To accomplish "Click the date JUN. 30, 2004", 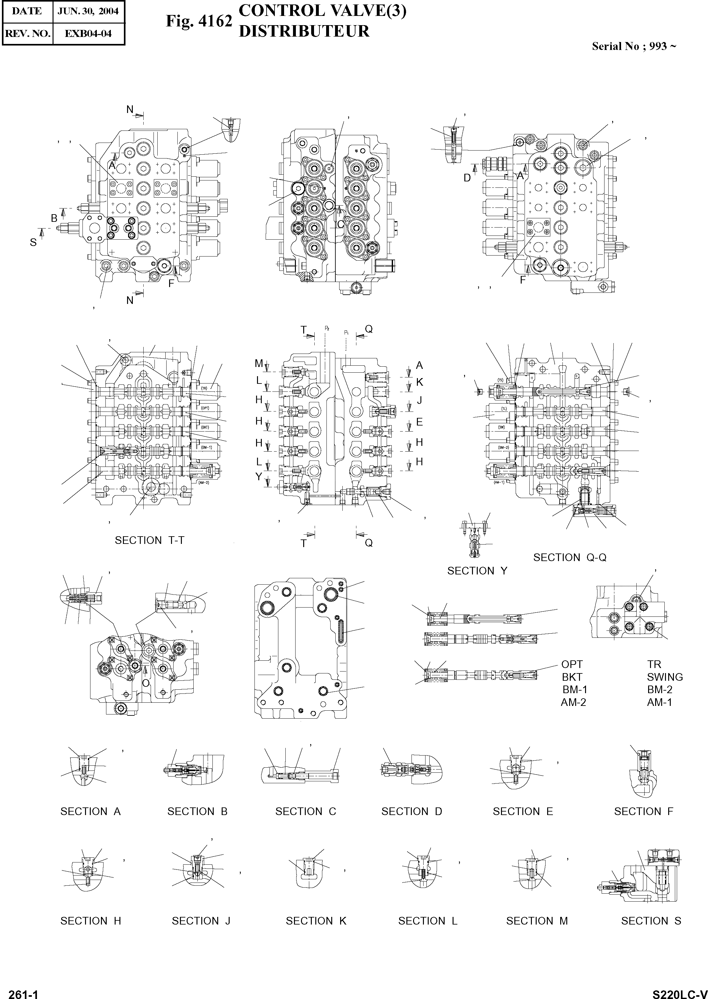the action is pos(89,11).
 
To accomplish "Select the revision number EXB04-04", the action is pos(89,33).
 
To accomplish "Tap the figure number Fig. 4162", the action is pos(199,21).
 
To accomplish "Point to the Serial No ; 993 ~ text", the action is pos(634,46).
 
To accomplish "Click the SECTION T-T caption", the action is pos(150,540).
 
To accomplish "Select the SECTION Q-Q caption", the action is pos(570,557).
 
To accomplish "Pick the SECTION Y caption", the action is pos(477,571).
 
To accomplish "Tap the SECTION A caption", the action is pos(90,812).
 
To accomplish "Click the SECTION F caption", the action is pos(643,812).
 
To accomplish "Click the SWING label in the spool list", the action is pos(665,677).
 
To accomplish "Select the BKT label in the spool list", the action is pos(572,677).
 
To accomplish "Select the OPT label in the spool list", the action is pos(572,665).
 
